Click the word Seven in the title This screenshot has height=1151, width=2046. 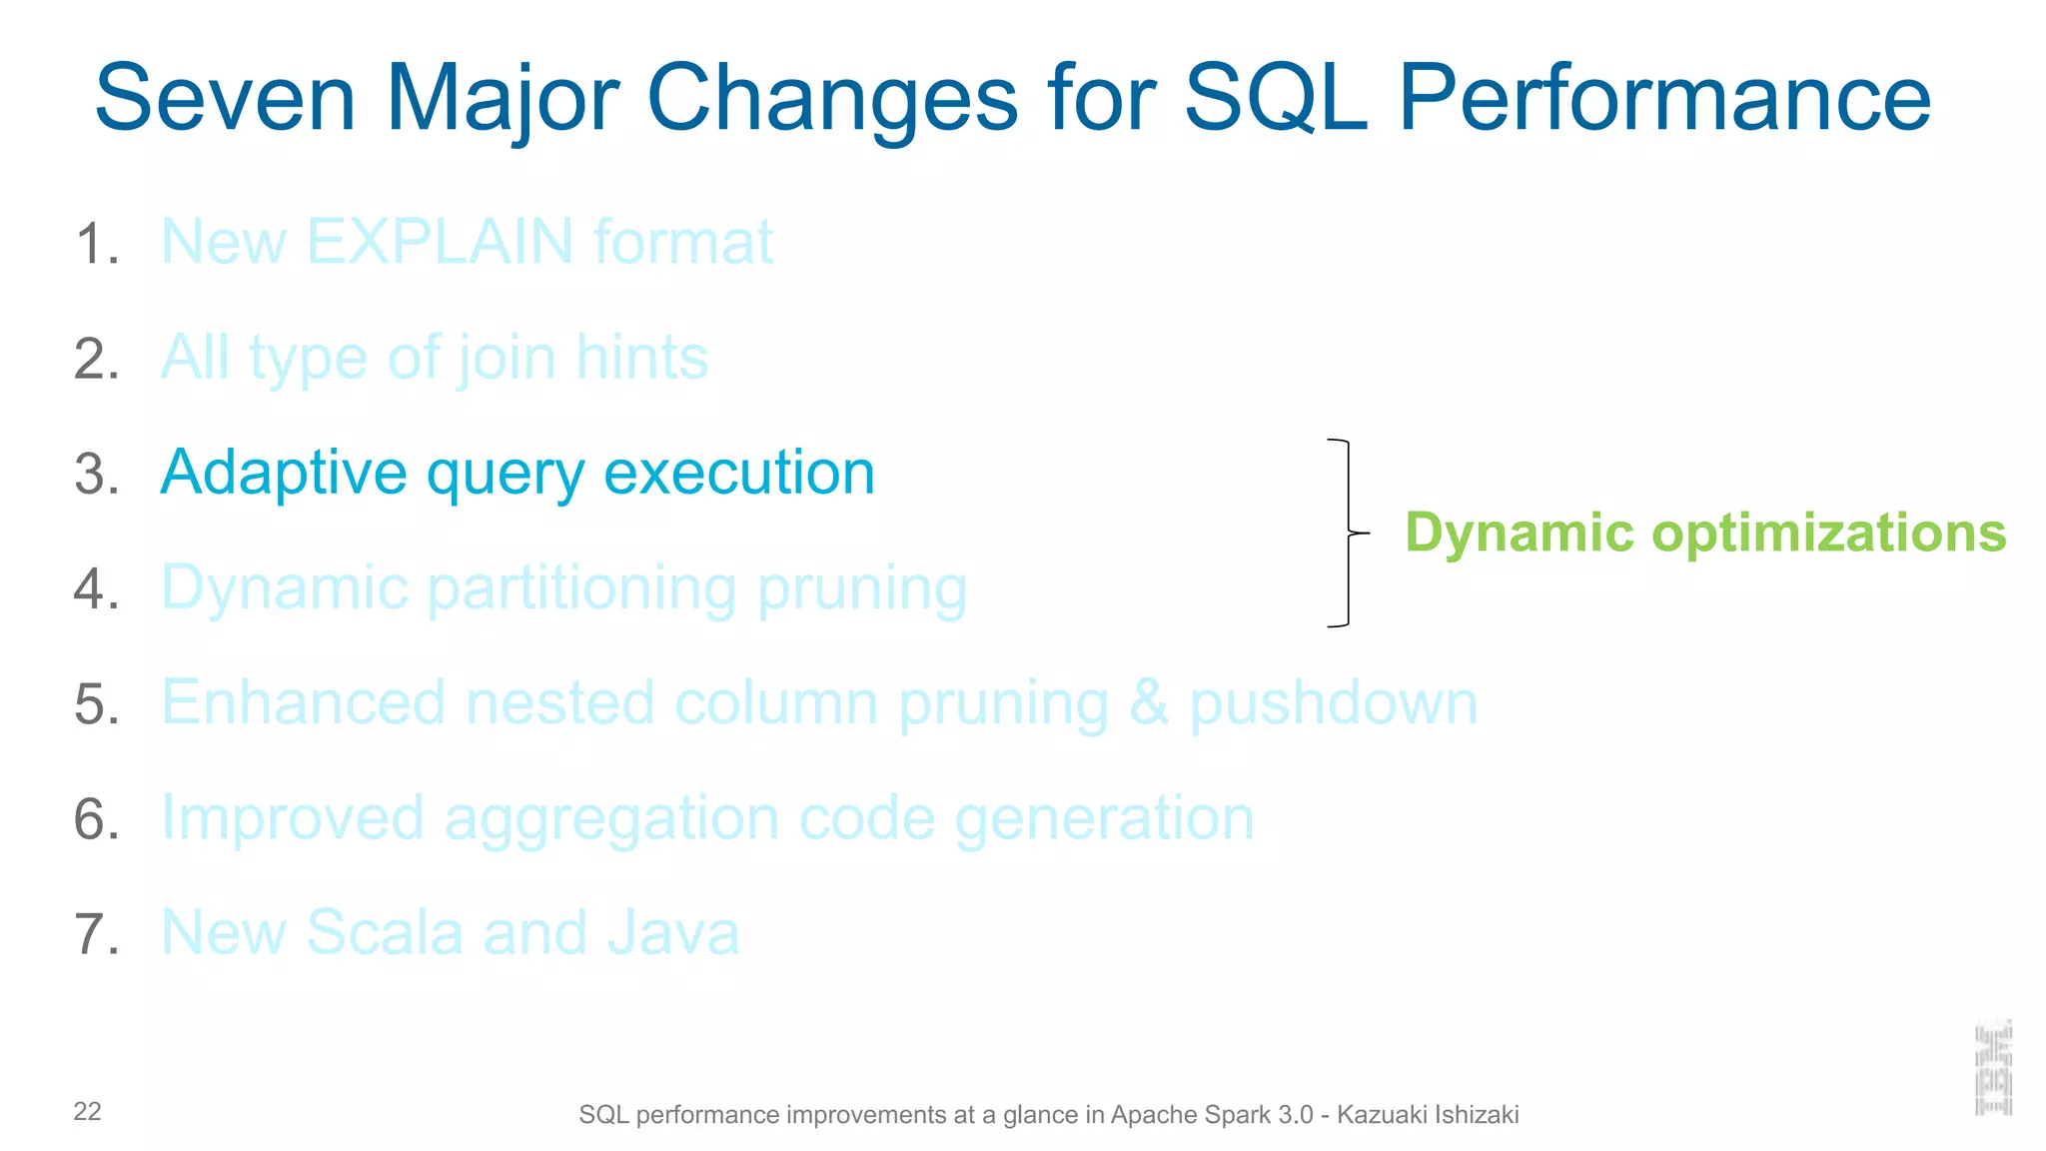coord(225,99)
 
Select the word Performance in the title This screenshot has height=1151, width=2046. coord(1663,99)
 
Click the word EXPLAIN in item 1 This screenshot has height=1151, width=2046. coord(440,242)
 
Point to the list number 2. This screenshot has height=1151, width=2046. coord(96,359)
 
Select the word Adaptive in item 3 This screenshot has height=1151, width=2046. coord(284,473)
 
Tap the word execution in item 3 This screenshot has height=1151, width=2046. coord(739,473)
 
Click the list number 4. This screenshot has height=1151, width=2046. coord(96,588)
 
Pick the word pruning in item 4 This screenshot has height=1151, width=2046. coord(861,588)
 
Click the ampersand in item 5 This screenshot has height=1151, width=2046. coord(1148,702)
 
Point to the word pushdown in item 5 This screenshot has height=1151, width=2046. coord(1333,702)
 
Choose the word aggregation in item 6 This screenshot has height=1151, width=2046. coord(611,818)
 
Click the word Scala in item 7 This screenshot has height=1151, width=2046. coord(385,933)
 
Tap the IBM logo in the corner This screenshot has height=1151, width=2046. coord(1993,1068)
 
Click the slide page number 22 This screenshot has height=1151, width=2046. coord(87,1112)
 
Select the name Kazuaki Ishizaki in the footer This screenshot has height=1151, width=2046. coord(1428,1115)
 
